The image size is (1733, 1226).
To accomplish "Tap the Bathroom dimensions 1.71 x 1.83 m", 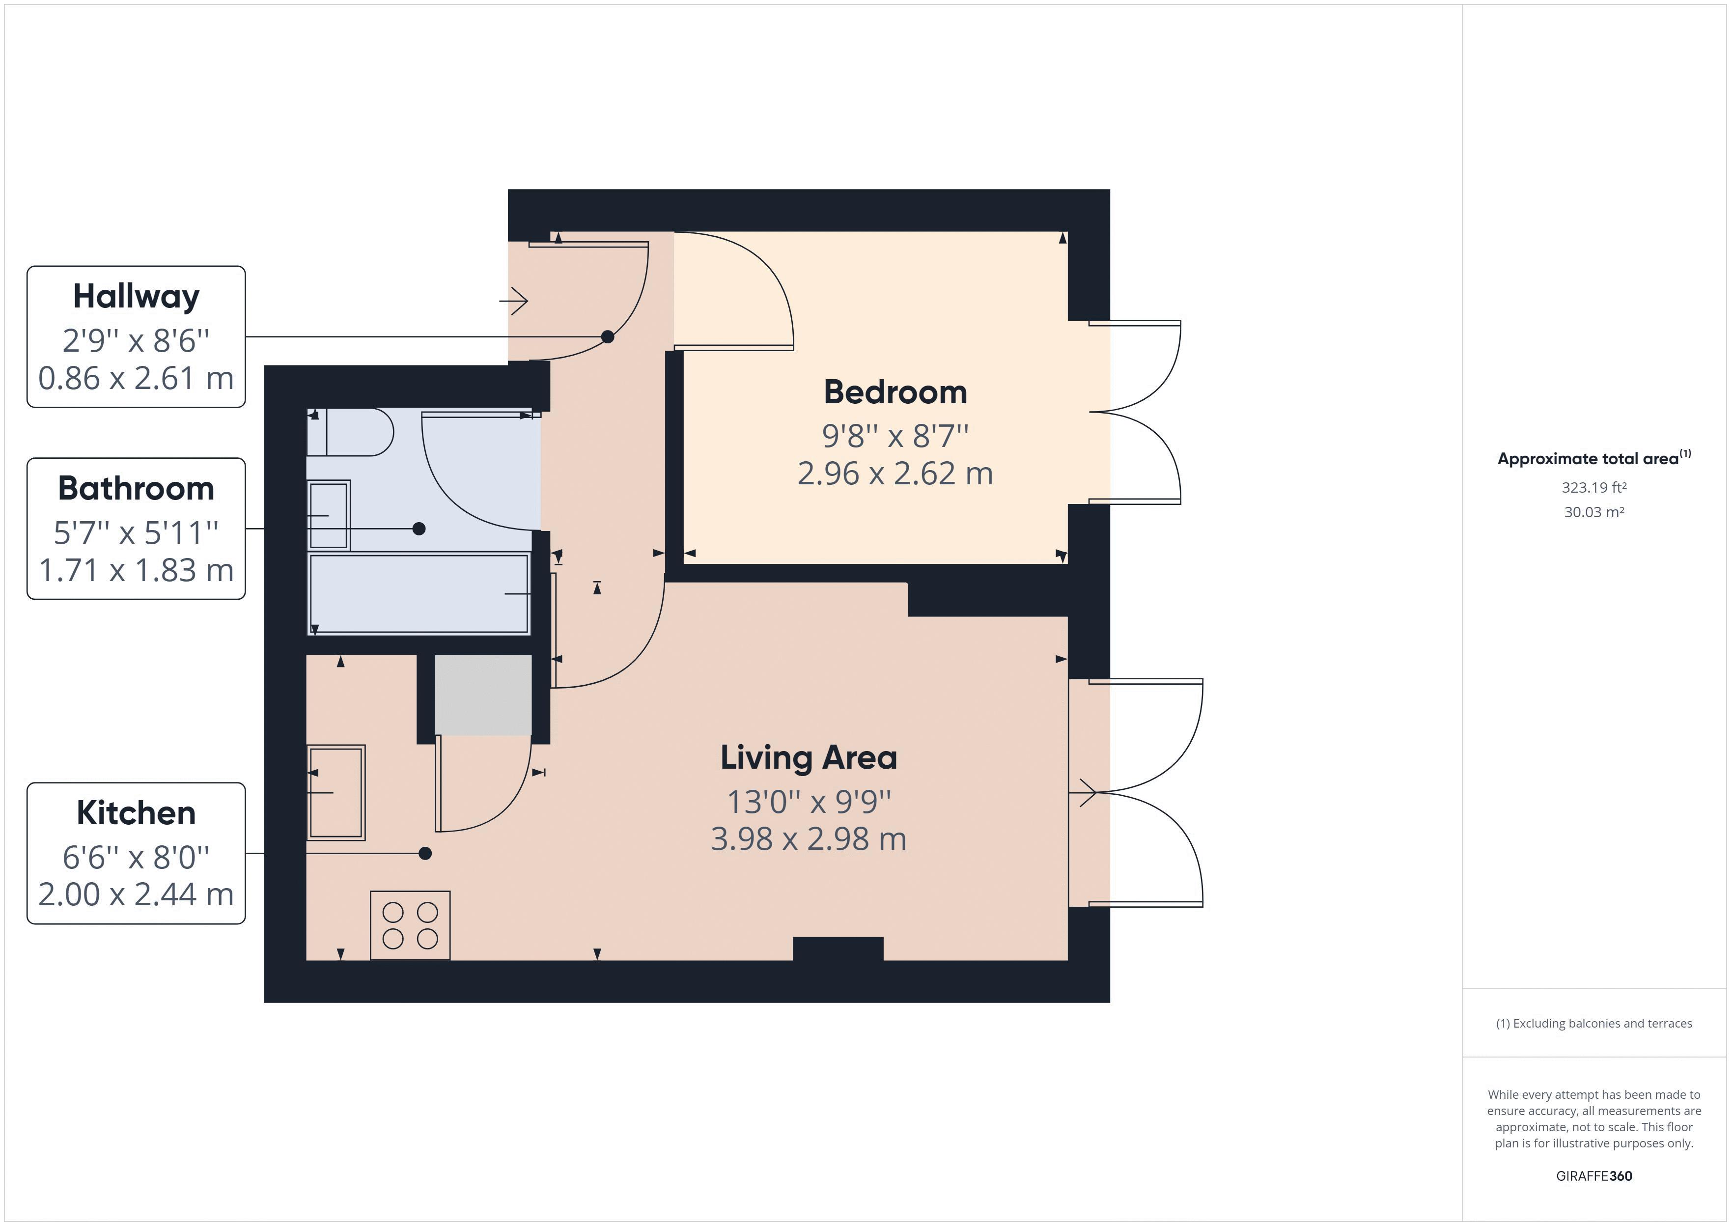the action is pyautogui.click(x=136, y=570).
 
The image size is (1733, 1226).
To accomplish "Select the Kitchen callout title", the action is pyautogui.click(x=136, y=813).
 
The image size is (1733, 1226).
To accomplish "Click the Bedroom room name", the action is pyautogui.click(x=895, y=392).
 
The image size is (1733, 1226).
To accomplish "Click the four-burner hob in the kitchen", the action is pyautogui.click(x=410, y=925).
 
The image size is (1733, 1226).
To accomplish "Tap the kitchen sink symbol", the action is pyautogui.click(x=336, y=793).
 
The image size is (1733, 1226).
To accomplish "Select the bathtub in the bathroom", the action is pyautogui.click(x=419, y=593).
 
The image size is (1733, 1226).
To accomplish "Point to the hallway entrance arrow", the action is pyautogui.click(x=513, y=301).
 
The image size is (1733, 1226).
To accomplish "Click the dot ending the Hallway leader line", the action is pyautogui.click(x=608, y=336).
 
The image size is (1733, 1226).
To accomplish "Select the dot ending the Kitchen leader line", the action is pyautogui.click(x=425, y=853).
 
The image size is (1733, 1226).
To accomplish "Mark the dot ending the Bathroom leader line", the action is pyautogui.click(x=419, y=529).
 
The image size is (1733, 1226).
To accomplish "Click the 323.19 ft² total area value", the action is pyautogui.click(x=1594, y=488).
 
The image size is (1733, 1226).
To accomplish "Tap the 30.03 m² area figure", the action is pyautogui.click(x=1594, y=512).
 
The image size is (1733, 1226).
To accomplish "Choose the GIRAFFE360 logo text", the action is pyautogui.click(x=1594, y=1175).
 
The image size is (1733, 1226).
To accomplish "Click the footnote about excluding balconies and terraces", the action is pyautogui.click(x=1594, y=1023).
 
